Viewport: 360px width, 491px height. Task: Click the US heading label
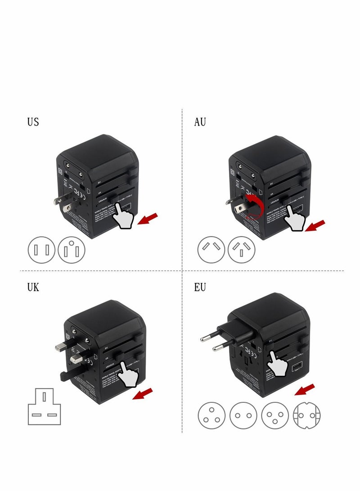point(33,122)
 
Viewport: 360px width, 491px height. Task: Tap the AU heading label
point(200,122)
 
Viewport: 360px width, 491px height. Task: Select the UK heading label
point(33,287)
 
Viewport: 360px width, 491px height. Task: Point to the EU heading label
point(200,287)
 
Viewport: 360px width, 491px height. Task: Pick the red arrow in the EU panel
point(305,389)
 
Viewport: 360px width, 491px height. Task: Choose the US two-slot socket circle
point(42,250)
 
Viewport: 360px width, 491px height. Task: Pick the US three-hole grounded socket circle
point(72,250)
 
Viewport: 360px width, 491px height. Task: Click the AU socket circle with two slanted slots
point(211,250)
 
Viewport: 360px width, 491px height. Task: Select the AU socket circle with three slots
point(242,250)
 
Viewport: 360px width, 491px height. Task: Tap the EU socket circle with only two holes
point(243,415)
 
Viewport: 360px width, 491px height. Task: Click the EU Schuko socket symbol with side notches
point(306,415)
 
